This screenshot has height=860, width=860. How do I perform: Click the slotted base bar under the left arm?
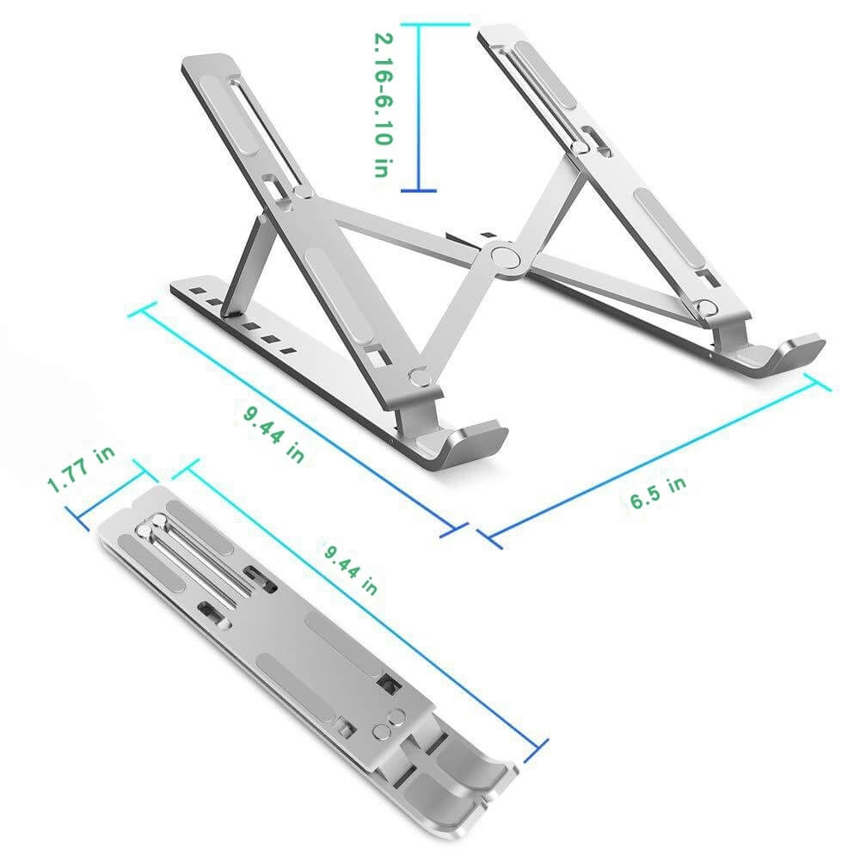pyautogui.click(x=258, y=331)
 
